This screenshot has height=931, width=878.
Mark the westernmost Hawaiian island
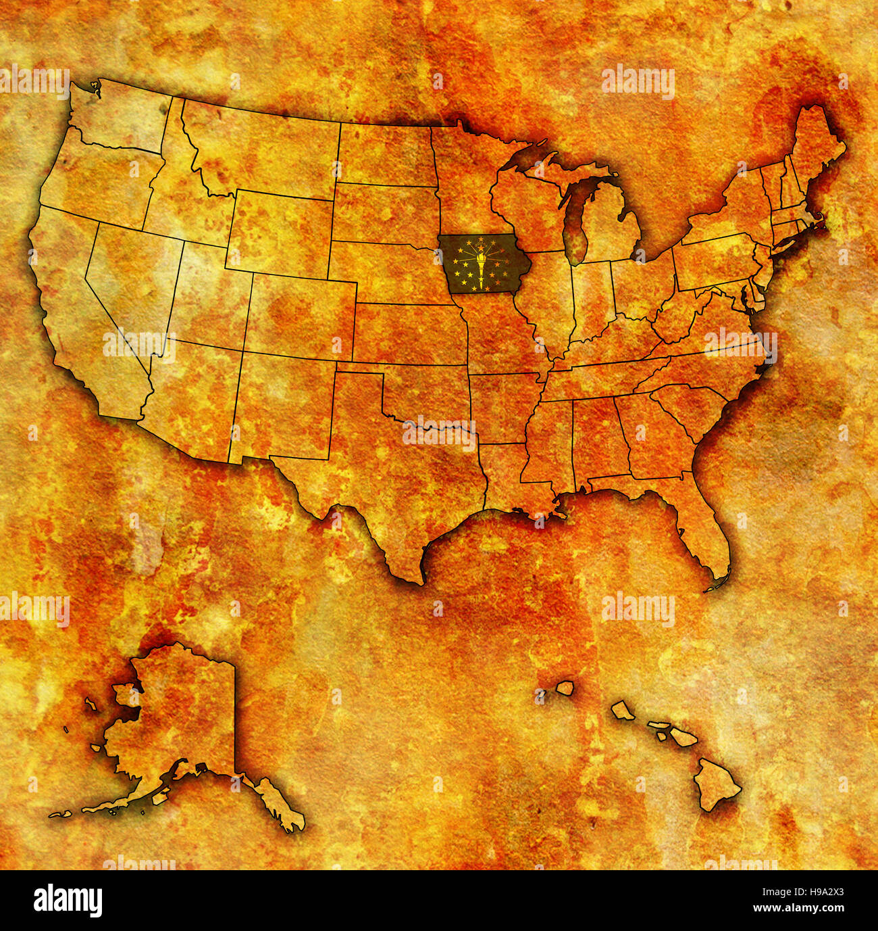click(565, 688)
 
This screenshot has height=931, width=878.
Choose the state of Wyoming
click(280, 230)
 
